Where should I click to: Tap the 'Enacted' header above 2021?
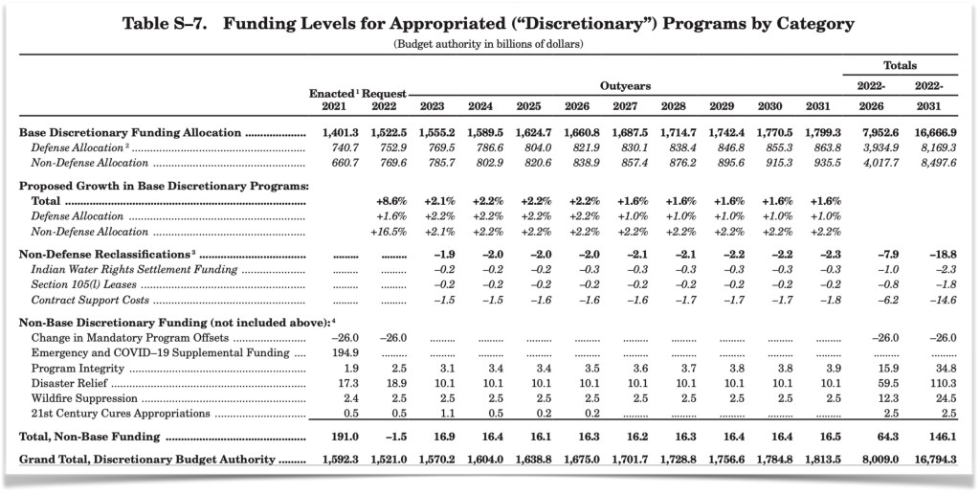tap(331, 93)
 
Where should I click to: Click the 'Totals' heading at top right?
tap(900, 66)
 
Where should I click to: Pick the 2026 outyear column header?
tap(579, 106)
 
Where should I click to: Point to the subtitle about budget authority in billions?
tap(489, 45)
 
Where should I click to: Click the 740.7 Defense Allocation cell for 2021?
tap(333, 147)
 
